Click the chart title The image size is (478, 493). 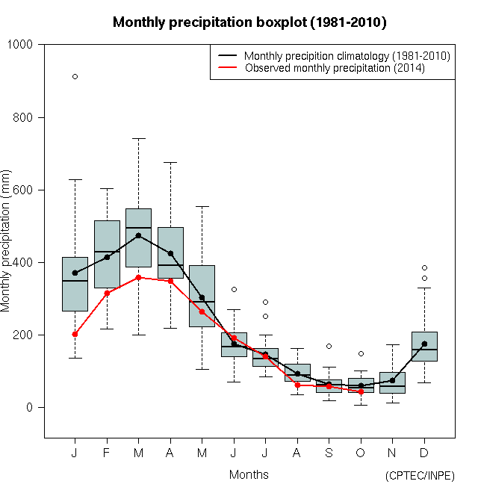tap(249, 22)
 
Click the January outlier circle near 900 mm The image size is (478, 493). tap(75, 76)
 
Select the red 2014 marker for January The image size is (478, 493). tap(75, 334)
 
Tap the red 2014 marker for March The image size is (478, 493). tap(138, 277)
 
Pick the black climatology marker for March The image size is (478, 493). tap(138, 235)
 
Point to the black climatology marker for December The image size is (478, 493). tap(424, 344)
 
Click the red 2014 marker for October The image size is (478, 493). tap(361, 391)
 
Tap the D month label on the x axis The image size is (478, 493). tap(424, 453)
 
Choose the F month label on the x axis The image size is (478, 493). tap(107, 453)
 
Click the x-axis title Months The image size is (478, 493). tap(249, 474)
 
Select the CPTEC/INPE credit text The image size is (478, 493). tap(419, 476)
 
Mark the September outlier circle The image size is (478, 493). tap(329, 346)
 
